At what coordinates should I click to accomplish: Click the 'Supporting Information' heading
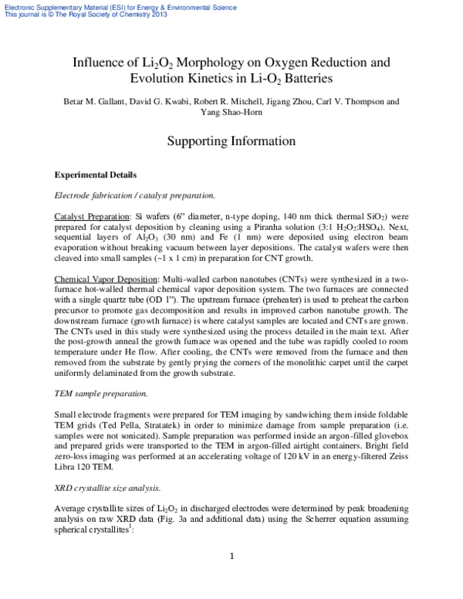coord(231,141)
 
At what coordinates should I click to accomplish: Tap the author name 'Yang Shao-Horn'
coord(231,113)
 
